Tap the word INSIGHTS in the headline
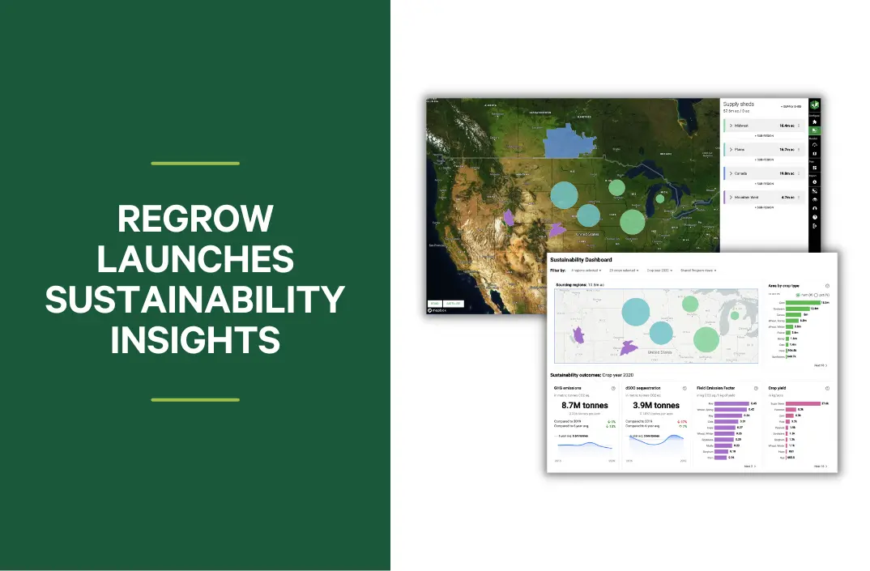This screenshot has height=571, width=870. pos(195,340)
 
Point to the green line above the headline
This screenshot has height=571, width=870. pos(195,164)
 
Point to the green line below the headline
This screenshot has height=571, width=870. pos(195,399)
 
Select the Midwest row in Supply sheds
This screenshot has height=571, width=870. pos(761,126)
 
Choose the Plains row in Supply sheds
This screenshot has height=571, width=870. pos(761,149)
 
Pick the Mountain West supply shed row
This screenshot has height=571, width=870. pos(761,197)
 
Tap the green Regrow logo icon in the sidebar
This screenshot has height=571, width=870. pos(814,104)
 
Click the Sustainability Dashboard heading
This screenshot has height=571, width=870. pos(581,260)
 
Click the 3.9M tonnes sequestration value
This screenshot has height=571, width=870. pos(655,405)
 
